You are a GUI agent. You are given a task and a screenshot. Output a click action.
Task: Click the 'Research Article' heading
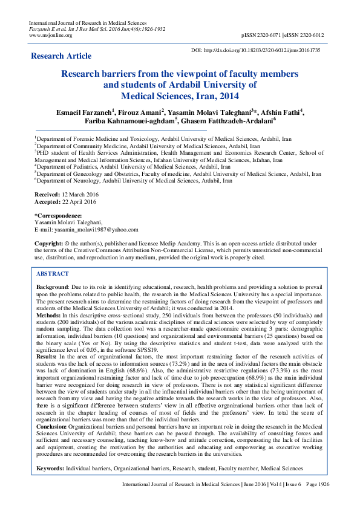coord(61,56)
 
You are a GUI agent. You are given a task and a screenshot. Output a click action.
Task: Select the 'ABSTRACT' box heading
coord(53,274)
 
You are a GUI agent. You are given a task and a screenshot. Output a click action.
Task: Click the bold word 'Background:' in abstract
coord(53,287)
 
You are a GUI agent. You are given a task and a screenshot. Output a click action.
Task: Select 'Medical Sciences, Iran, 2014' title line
coord(180,96)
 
